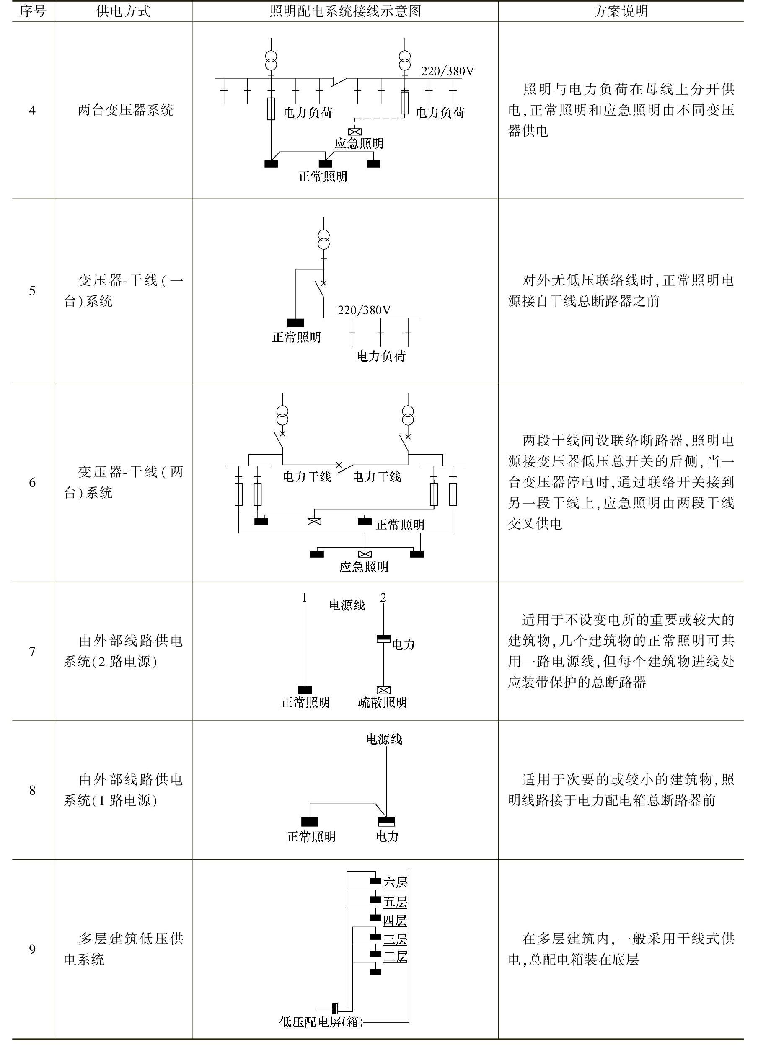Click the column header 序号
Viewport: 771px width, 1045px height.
32,11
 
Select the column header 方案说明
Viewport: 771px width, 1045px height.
620,11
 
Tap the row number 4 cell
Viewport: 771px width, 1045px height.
32,111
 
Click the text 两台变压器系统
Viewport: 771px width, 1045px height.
125,111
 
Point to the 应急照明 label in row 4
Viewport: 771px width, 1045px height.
358,143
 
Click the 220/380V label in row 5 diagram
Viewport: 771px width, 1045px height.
364,310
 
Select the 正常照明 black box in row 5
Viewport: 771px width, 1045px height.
295,323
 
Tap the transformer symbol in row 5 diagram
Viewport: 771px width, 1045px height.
324,239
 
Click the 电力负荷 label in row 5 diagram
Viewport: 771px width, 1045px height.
381,356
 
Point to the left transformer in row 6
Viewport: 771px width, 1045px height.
282,415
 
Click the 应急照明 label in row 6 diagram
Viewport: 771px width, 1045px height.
364,566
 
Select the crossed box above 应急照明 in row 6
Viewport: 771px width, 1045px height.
365,554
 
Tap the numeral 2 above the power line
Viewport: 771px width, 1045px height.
383,598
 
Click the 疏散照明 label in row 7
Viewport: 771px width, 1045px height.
382,702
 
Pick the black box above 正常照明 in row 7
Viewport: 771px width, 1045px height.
305,690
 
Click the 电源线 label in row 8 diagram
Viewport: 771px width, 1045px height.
384,739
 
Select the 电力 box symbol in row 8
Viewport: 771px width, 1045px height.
386,821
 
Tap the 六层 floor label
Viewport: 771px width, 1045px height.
395,882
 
